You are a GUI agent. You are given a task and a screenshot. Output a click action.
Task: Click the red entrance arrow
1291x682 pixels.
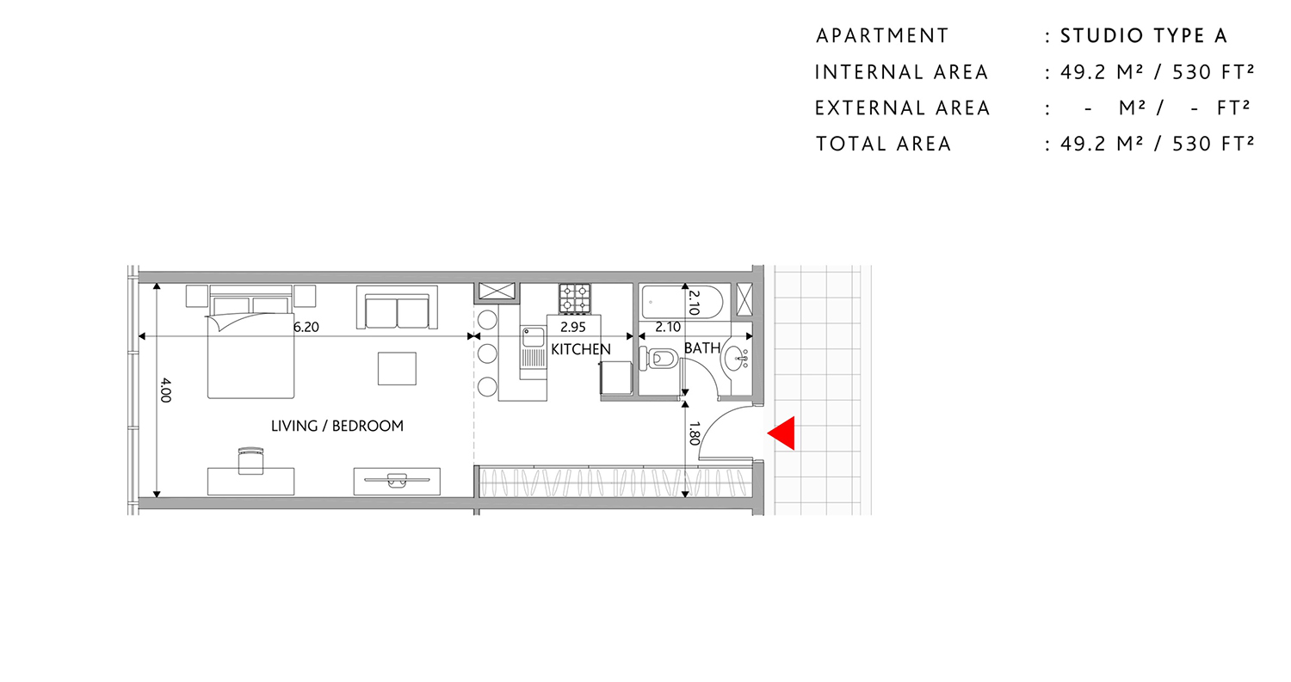(781, 433)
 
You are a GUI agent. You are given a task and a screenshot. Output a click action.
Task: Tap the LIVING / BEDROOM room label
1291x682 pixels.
(337, 426)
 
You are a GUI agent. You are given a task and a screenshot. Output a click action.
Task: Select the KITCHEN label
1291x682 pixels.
(581, 349)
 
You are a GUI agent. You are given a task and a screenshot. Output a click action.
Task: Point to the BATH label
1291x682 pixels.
(702, 348)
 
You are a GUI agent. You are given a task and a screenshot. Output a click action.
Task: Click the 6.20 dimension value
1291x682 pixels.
(306, 327)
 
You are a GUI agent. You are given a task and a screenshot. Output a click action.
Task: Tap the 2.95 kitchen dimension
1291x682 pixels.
(572, 327)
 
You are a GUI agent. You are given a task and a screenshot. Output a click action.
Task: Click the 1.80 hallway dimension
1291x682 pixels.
(694, 432)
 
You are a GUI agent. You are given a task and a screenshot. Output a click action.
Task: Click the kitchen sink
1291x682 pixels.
(532, 337)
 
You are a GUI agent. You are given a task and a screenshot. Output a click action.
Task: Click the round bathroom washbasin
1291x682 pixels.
(734, 356)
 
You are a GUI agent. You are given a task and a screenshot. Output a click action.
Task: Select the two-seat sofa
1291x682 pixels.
(397, 310)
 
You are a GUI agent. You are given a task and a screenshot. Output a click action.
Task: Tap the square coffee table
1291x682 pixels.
(397, 369)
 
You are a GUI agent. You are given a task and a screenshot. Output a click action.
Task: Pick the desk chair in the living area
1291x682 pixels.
(250, 459)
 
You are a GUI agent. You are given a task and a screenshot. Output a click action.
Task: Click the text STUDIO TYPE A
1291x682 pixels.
(1143, 36)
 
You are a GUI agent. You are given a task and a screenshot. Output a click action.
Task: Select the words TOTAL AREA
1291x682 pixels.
(884, 144)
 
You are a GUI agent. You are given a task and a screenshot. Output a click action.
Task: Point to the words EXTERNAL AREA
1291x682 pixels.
(903, 108)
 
